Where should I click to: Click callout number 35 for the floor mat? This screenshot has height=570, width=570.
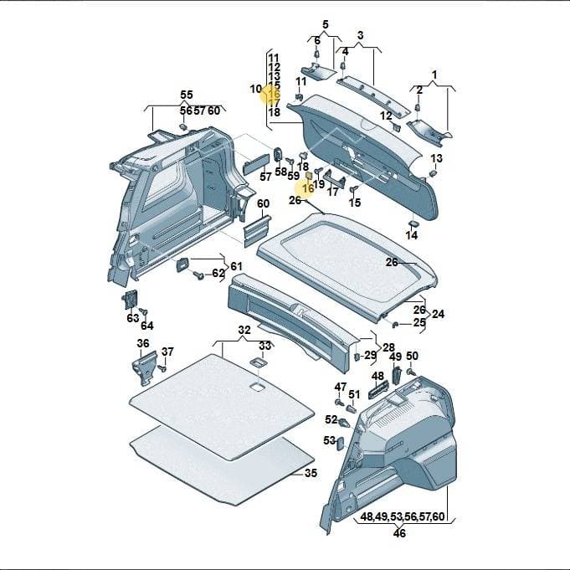point(311,473)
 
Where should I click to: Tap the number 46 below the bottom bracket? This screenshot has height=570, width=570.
point(399,533)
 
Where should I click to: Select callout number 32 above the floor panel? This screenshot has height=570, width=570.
point(244,330)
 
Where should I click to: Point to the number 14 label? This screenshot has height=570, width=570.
point(412,235)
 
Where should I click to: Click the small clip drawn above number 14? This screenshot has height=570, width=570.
point(413,223)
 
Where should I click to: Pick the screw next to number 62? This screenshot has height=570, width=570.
point(199,275)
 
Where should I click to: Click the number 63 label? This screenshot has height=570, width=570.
point(133,318)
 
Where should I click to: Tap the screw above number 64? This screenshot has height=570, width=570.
point(144,311)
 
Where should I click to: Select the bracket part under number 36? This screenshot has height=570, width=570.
point(146,368)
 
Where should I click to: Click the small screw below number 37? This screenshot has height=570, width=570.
point(162,368)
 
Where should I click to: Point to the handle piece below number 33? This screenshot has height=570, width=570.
point(258,362)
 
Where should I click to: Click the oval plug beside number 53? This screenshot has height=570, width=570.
point(341,444)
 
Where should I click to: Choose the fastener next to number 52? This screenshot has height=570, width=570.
point(344,423)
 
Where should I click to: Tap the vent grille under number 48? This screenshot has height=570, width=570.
point(378,390)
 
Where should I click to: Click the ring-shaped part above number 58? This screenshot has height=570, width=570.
point(278,155)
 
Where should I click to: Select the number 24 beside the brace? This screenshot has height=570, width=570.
point(438,314)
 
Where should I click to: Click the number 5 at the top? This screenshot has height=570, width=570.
point(326,24)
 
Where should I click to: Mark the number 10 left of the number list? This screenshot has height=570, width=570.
point(255,89)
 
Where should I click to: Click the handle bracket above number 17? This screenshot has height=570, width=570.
point(334,178)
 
